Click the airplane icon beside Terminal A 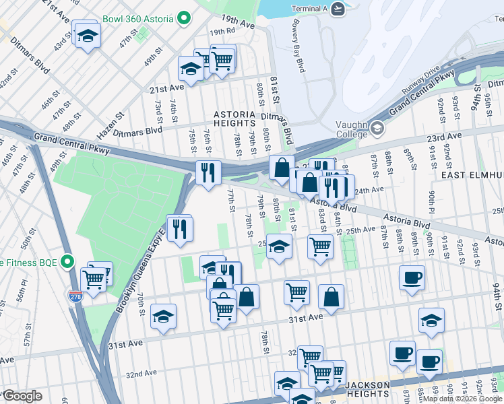[x=338, y=8]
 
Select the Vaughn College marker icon [x=376, y=127]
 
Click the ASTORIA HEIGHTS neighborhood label [x=234, y=119]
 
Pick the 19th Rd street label [x=222, y=32]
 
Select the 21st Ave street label [x=166, y=88]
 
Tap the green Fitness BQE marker [x=67, y=261]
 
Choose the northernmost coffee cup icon [x=412, y=277]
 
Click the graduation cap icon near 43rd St [x=88, y=35]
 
